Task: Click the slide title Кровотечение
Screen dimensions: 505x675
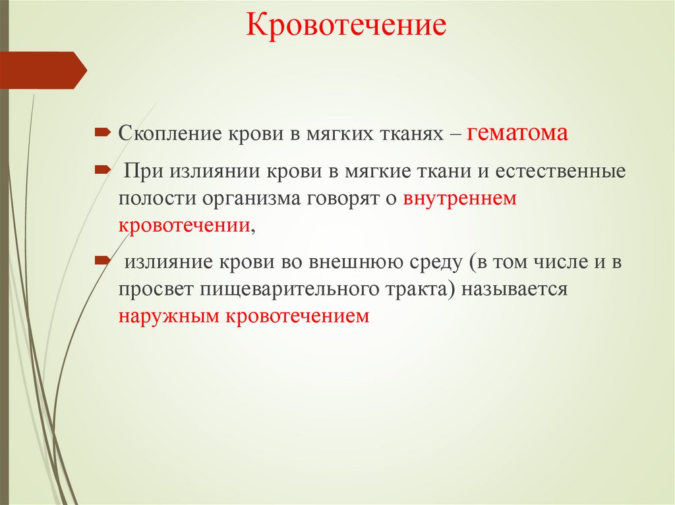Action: [346, 27]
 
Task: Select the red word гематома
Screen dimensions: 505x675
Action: [517, 134]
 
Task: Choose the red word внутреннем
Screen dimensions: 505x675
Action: [461, 198]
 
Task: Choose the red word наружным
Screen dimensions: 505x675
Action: [169, 315]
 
